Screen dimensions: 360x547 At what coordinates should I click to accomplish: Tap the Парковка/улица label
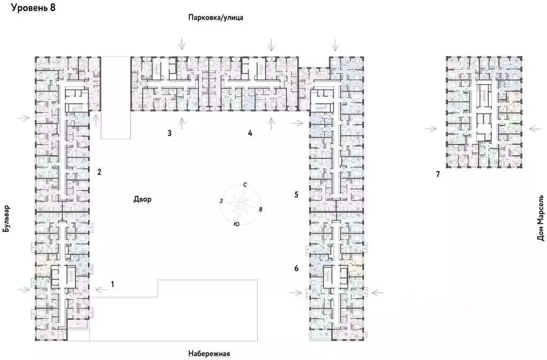tap(215, 18)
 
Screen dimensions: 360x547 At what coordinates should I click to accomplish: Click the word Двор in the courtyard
tap(143, 200)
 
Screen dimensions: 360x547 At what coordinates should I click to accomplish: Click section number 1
tap(113, 284)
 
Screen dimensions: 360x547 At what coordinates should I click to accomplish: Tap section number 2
tap(99, 172)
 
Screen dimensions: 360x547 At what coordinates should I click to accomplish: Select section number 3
tap(169, 133)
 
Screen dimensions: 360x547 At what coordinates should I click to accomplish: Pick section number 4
tap(250, 133)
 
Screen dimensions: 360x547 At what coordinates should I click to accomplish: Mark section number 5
tap(296, 194)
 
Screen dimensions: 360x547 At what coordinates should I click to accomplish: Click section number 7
tap(437, 174)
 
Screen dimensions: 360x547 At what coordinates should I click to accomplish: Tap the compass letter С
tap(245, 185)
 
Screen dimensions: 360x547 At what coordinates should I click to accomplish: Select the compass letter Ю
tap(236, 224)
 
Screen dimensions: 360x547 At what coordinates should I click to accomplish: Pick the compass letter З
tap(220, 201)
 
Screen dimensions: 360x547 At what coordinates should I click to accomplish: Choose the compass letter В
tap(260, 209)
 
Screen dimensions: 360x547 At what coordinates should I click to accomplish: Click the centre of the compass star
tap(240, 204)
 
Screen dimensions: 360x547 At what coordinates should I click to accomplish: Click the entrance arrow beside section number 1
tap(99, 289)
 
